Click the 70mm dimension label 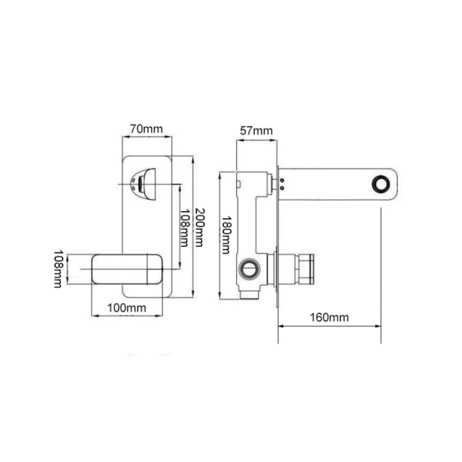click(x=146, y=129)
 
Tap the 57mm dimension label click(x=256, y=131)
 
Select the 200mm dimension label click(x=199, y=227)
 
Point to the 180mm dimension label click(x=226, y=235)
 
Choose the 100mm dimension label click(x=127, y=308)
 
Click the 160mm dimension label click(x=329, y=317)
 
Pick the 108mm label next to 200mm click(x=184, y=228)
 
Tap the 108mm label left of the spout click(x=58, y=269)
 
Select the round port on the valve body click(x=249, y=269)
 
